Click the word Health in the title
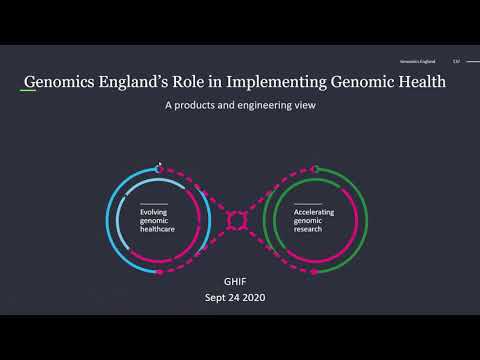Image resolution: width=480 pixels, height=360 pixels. (x=417, y=82)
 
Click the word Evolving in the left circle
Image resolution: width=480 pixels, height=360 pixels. (x=155, y=211)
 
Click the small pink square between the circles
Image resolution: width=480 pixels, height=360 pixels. (x=237, y=219)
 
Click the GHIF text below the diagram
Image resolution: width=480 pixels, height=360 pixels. (x=239, y=281)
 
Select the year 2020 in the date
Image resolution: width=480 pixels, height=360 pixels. (x=266, y=298)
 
